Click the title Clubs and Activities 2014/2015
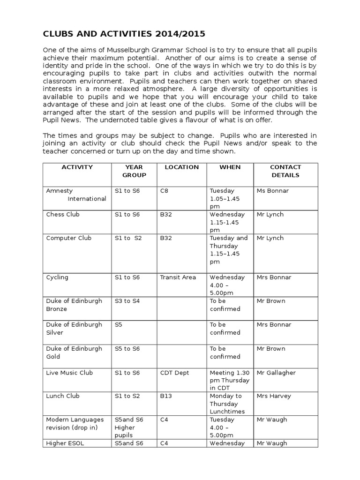pos(124,34)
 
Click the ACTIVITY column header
pos(77,167)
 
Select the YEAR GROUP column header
pos(134,171)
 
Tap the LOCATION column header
pos(181,167)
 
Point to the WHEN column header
pos(230,167)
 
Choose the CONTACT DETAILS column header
pos(285,171)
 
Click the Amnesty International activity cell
pos(76,195)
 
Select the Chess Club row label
pos(63,215)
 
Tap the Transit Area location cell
pos(178,277)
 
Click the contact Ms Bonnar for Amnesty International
pos(273,191)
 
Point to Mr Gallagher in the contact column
pos(276,373)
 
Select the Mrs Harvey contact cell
pos(274,396)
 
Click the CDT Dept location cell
pos(174,373)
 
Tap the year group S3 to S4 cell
pos(127,301)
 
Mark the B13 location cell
pos(166,396)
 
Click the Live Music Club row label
pos(69,373)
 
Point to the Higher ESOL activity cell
pos(65,443)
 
